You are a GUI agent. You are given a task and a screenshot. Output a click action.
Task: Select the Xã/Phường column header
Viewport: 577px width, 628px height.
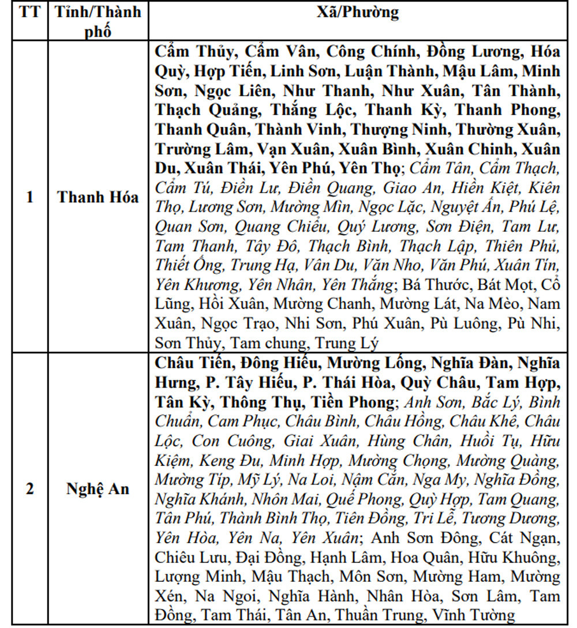[358, 13]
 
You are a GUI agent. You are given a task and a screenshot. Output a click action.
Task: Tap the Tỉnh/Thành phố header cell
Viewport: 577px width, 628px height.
[98, 21]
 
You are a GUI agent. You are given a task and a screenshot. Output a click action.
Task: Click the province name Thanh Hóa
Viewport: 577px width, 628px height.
[98, 197]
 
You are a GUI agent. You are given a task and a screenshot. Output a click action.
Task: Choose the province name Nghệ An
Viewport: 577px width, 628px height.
[98, 489]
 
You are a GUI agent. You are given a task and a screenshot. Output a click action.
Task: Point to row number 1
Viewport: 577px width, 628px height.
[29, 197]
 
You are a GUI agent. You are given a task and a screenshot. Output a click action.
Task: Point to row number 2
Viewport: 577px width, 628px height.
[29, 489]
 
